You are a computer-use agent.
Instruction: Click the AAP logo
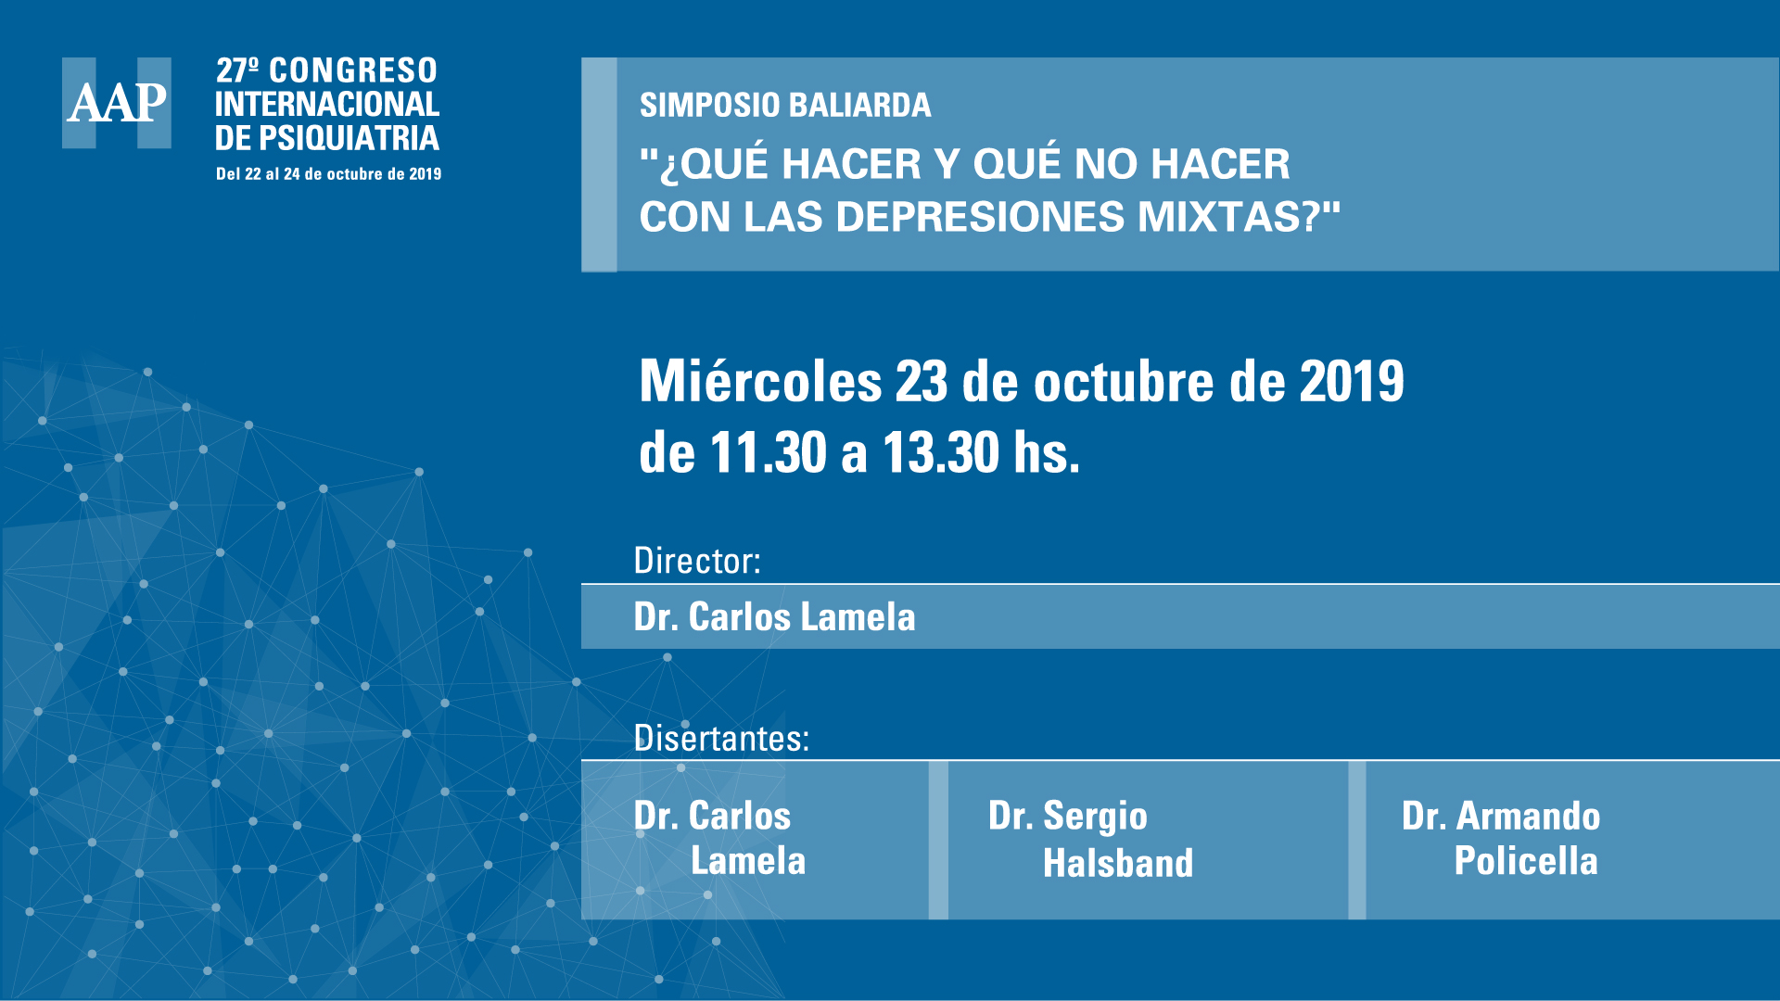tap(117, 103)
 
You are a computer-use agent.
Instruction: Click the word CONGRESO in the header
tap(353, 70)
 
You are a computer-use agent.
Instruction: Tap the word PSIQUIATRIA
tap(349, 138)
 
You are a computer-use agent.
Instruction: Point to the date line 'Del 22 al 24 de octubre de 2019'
tap(328, 174)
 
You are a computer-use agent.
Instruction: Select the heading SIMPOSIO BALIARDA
tap(785, 106)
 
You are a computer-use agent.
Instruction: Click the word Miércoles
tap(760, 381)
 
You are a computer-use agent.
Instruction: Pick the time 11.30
tap(768, 453)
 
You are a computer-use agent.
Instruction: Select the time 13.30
tap(940, 453)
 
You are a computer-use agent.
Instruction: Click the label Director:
tap(697, 561)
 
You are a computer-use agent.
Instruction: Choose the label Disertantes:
tap(721, 738)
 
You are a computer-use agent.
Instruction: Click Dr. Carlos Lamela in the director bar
tap(774, 617)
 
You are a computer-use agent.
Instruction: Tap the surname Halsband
tap(1118, 863)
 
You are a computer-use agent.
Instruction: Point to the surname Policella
tap(1526, 861)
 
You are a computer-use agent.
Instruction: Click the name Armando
tap(1529, 816)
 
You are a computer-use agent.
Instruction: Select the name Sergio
tap(1095, 817)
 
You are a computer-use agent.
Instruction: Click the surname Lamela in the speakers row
tap(748, 861)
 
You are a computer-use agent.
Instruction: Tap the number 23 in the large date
tap(922, 381)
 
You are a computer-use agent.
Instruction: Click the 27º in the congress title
tap(237, 70)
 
